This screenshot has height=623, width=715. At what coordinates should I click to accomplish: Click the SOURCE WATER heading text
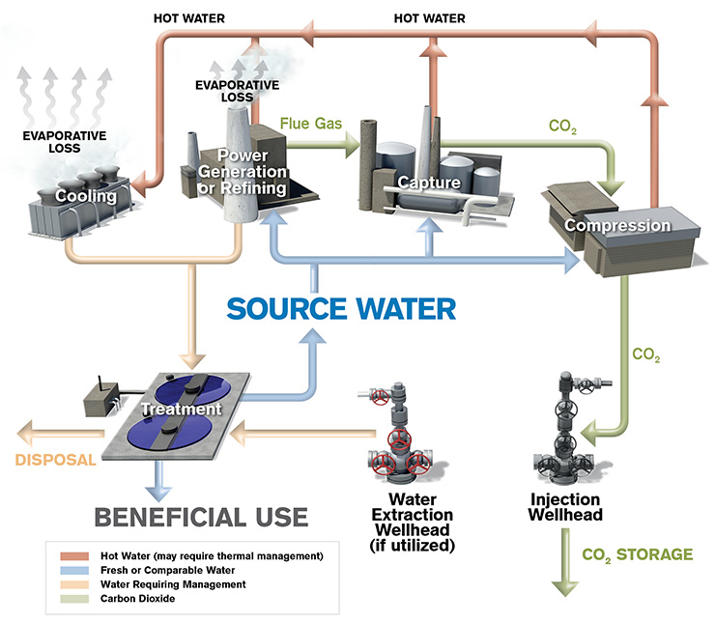point(341,309)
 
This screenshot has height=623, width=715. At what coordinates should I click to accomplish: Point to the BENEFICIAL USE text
point(201,516)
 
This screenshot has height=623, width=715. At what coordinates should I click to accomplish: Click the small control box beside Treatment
point(97,391)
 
